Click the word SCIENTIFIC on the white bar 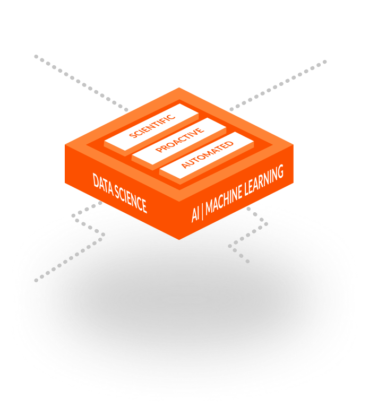coord(152,126)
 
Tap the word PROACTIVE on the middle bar coord(180,140)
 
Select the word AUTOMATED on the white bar coord(207,154)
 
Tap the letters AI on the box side coord(195,215)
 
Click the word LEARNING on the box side coord(264,180)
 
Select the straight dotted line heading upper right coord(278,85)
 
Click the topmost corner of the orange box coord(179,88)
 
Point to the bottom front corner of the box coord(179,239)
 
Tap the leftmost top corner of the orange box coord(65,145)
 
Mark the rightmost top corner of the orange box coord(293,145)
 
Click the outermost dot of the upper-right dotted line coord(325,62)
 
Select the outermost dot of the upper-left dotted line coord(36,56)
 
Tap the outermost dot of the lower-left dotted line coord(36,281)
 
